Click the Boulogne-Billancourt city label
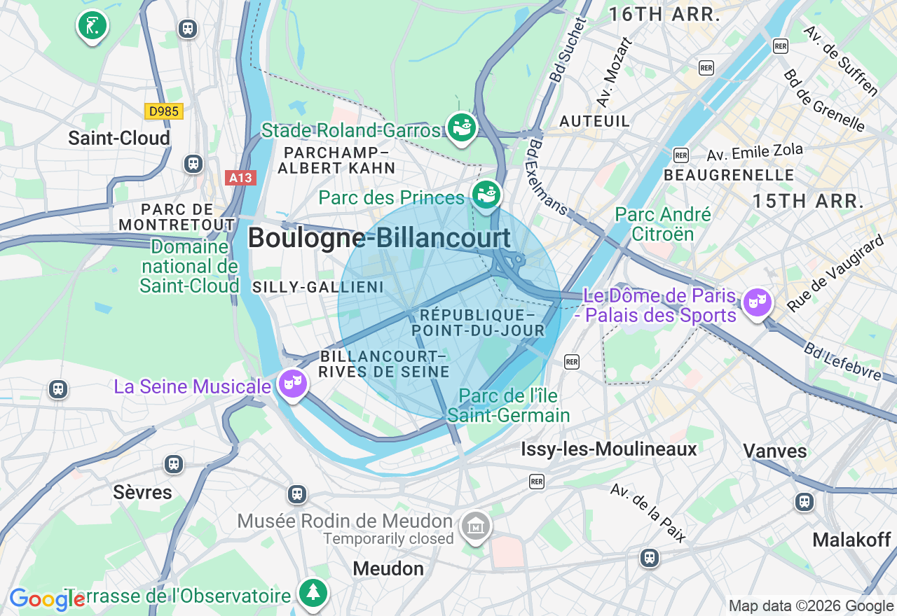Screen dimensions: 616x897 click(x=379, y=238)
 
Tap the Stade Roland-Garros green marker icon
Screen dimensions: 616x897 click(x=461, y=128)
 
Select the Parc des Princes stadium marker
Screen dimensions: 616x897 click(x=486, y=193)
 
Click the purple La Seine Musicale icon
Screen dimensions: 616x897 click(x=292, y=383)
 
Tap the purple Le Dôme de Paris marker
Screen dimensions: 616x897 click(x=757, y=302)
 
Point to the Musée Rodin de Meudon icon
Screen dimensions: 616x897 click(x=475, y=525)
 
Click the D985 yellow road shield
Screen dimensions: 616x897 click(x=164, y=111)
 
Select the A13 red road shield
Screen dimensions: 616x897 click(x=240, y=178)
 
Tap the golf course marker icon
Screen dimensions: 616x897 click(x=92, y=25)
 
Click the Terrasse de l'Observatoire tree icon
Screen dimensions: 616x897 click(x=313, y=592)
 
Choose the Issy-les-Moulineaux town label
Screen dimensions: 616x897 click(x=608, y=449)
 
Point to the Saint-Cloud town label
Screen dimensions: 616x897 click(x=119, y=138)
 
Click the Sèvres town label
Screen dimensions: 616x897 click(x=142, y=492)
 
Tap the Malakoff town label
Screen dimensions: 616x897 click(x=851, y=540)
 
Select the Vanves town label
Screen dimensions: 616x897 click(x=774, y=450)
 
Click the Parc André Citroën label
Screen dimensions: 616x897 click(x=662, y=224)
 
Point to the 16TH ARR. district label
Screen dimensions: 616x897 click(x=664, y=14)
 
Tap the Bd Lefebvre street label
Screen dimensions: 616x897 click(x=842, y=361)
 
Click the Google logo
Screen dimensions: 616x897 click(x=46, y=599)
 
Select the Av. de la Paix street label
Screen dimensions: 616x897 click(x=648, y=512)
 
